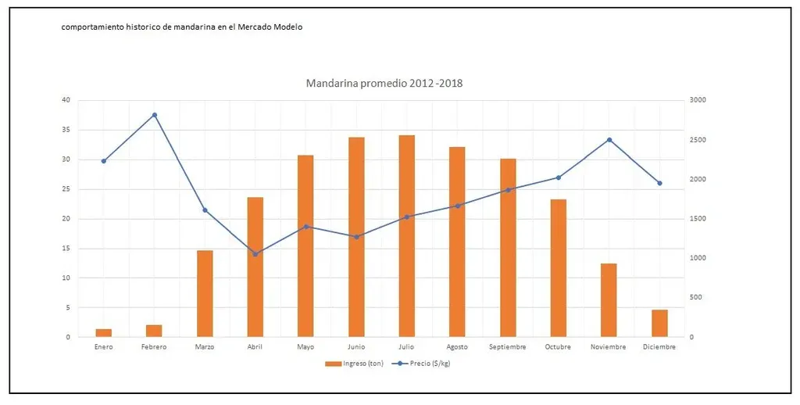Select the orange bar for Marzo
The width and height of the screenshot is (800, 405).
[205, 293]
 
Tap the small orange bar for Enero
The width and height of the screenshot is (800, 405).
[104, 332]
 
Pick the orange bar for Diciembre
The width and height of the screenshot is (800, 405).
[659, 323]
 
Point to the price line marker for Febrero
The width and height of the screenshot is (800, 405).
[155, 115]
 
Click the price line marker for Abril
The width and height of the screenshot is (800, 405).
[255, 254]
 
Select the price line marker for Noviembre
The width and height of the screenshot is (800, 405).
[609, 140]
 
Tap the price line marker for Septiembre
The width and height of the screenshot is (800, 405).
[508, 190]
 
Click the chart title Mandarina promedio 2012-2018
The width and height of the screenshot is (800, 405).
[384, 83]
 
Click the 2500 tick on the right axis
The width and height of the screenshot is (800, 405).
[698, 140]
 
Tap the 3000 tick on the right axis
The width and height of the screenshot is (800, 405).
[698, 100]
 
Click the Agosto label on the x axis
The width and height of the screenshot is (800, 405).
[457, 346]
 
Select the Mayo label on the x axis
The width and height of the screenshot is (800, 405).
[305, 346]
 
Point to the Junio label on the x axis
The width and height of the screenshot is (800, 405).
[356, 346]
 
